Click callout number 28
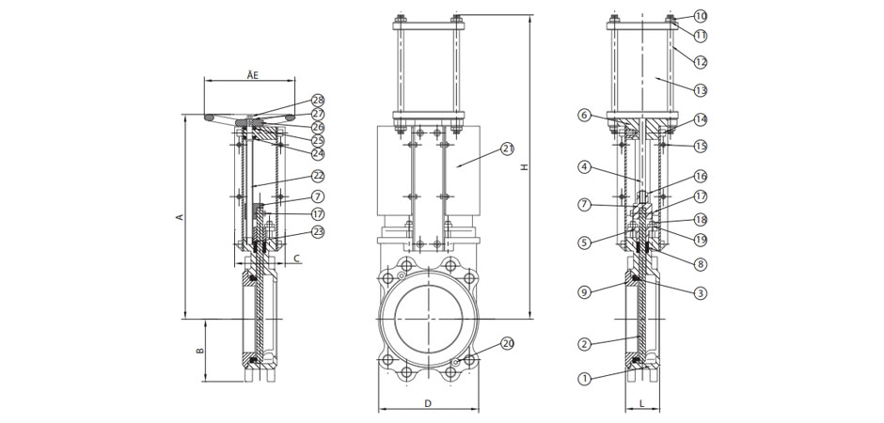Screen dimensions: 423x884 pos(317,101)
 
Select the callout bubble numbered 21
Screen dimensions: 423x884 pos(508,149)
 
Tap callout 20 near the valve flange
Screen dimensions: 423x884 pos(508,343)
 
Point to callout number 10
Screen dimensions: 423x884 pos(701,16)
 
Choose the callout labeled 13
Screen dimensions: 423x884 pos(701,90)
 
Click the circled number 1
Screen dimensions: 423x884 pos(584,379)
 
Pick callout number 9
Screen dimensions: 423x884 pos(584,292)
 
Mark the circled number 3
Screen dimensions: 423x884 pos(701,293)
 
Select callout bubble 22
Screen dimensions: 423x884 pos(317,177)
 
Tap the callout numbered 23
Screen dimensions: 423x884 pos(317,231)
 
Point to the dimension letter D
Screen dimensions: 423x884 pos(427,403)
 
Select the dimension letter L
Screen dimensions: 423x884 pos(642,403)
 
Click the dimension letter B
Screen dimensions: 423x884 pos(198,350)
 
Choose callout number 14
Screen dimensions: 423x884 pos(701,119)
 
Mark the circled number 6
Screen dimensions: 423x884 pos(584,116)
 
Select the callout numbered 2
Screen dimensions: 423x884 pos(584,344)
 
